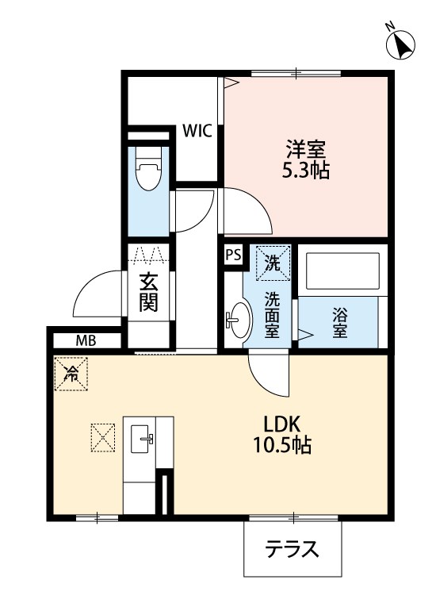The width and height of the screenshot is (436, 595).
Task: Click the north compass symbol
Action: (x=400, y=44)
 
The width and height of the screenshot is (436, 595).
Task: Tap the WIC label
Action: (x=197, y=131)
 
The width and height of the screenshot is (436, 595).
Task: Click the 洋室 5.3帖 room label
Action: (x=305, y=159)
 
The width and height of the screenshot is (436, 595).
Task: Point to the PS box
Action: (x=233, y=255)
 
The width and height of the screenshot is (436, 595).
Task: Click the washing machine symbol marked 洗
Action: (x=273, y=263)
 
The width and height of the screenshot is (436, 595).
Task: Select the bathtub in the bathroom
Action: (x=343, y=271)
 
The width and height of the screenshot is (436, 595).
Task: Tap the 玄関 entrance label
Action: (x=148, y=293)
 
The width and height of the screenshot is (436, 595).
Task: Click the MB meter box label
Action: (x=86, y=341)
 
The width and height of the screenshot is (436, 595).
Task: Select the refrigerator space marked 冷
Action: (x=71, y=374)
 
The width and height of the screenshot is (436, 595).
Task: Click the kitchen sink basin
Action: (x=142, y=439)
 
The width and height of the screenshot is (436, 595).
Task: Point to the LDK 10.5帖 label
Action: (x=282, y=434)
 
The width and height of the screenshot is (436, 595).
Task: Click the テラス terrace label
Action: (x=292, y=549)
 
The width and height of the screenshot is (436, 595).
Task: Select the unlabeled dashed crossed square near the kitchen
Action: (x=103, y=438)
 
